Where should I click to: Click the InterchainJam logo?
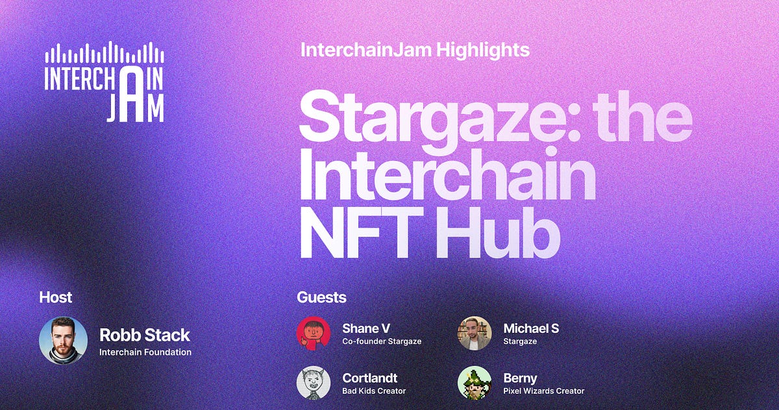tap(104, 83)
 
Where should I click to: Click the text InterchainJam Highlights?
tap(415, 49)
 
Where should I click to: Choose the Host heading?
tap(56, 297)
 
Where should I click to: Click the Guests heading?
tap(321, 297)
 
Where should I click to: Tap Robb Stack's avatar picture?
tap(63, 341)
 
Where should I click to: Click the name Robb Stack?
tap(145, 335)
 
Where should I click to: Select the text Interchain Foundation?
tap(145, 352)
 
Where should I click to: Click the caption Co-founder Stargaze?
tap(382, 341)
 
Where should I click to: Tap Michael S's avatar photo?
tap(475, 333)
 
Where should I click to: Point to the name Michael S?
tap(530, 328)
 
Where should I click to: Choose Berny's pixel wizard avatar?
tap(475, 383)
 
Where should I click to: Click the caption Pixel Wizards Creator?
tap(543, 391)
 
